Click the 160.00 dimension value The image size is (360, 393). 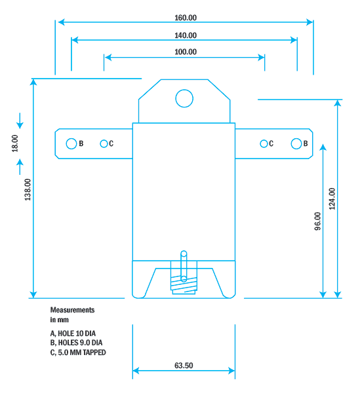pos(186,18)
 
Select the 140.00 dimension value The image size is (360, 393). pos(186,35)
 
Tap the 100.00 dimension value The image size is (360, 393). pos(186,52)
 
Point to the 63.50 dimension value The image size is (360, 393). pos(184,366)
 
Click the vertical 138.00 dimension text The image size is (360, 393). pos(28,190)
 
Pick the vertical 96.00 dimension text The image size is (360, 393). pos(317,221)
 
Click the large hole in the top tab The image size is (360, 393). pos(184,98)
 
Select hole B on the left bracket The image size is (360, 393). pos(71,143)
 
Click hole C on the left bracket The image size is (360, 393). pos(104,143)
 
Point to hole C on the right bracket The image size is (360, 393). pos(264,143)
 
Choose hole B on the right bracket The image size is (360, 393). pos(296,143)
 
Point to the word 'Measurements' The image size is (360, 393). pos(73,309)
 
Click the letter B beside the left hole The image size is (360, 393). pos(81,143)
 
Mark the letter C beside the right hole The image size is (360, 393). pos(271,143)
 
